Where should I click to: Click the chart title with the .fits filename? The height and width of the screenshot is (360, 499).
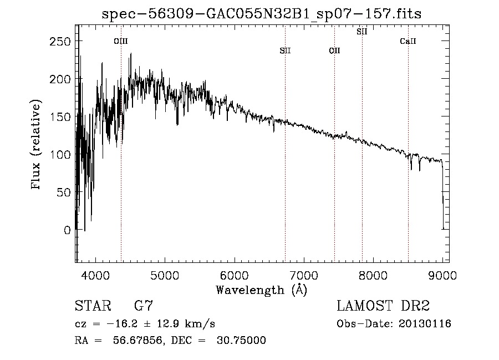[262, 14]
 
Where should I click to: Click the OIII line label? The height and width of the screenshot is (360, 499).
[121, 41]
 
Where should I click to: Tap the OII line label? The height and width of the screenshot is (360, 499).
[334, 51]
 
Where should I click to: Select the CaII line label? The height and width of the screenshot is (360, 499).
[408, 41]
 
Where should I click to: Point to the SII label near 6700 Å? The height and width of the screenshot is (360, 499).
[285, 51]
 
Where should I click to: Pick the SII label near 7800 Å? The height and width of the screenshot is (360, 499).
[361, 32]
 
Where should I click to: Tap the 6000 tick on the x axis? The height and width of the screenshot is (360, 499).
[234, 274]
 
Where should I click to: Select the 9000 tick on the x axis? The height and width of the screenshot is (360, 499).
[442, 274]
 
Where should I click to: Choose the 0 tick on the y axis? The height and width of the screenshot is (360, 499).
[67, 230]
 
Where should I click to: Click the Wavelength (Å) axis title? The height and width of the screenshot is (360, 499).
[261, 290]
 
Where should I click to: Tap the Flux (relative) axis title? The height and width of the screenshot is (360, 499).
[37, 146]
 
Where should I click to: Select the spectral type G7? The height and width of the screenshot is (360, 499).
[143, 306]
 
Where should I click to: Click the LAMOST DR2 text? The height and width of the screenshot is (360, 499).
[383, 306]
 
